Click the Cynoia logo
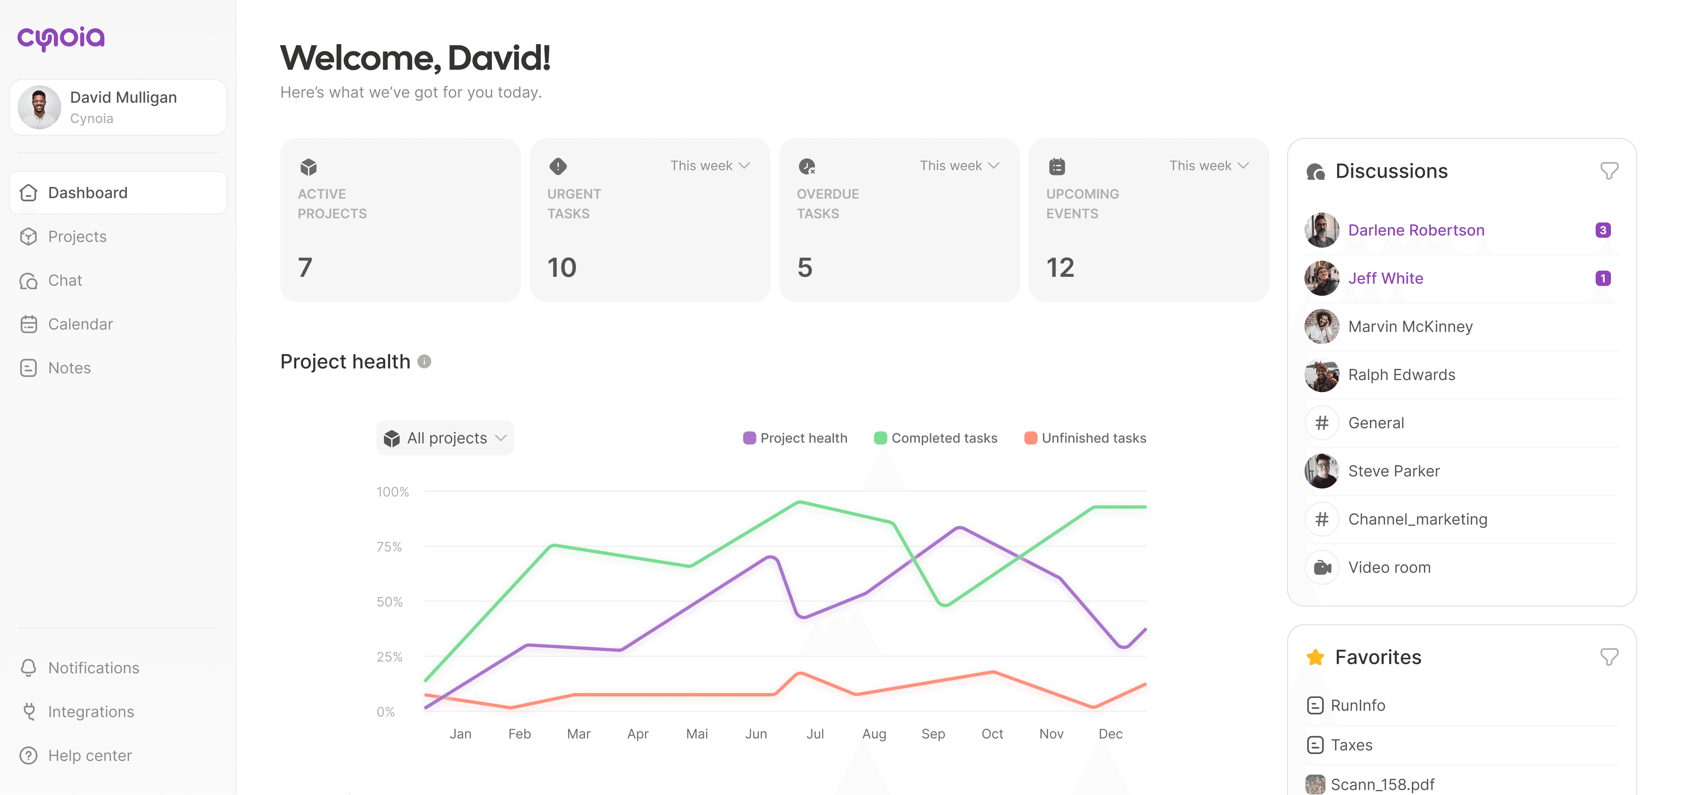(x=61, y=38)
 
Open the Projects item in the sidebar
(x=77, y=236)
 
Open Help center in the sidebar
(x=89, y=755)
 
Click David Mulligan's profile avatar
(x=39, y=108)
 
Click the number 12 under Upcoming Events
(x=1060, y=268)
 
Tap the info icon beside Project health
(x=424, y=362)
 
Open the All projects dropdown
(x=445, y=438)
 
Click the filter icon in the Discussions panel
(x=1609, y=171)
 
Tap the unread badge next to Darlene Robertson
(x=1603, y=231)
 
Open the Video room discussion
(x=1389, y=567)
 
